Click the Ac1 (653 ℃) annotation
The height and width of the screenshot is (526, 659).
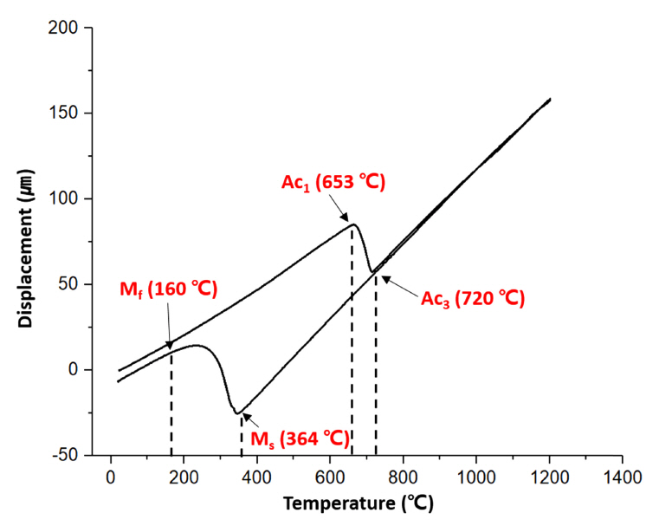tap(333, 184)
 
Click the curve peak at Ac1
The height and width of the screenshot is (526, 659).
tap(352, 225)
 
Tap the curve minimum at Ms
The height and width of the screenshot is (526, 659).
tap(236, 412)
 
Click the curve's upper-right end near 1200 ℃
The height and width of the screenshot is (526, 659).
tap(550, 99)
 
